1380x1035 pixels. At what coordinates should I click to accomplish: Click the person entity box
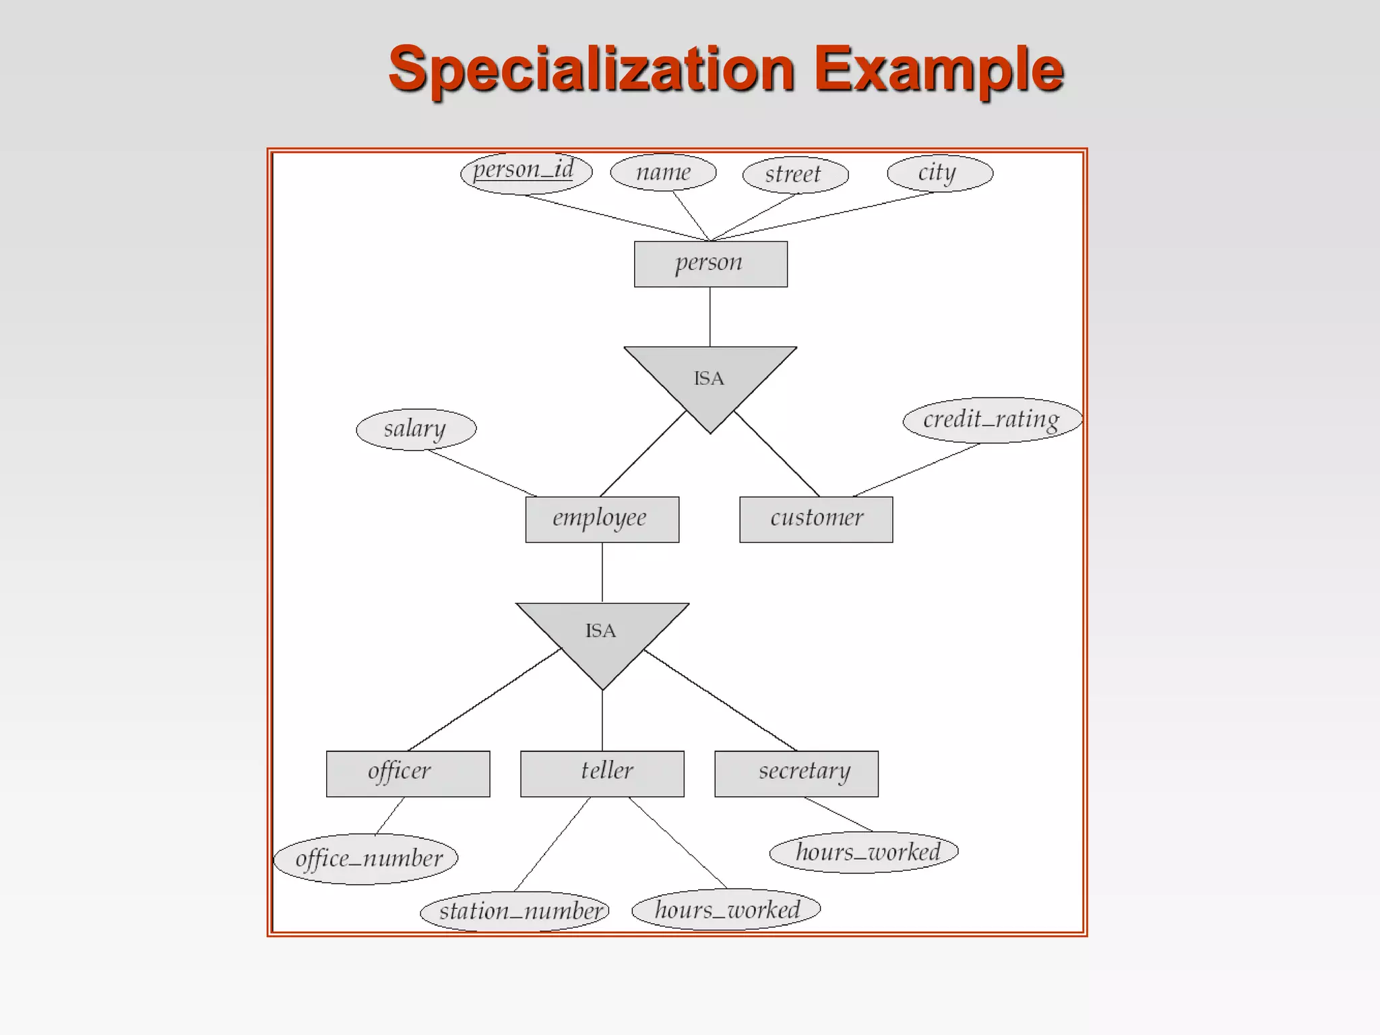(710, 263)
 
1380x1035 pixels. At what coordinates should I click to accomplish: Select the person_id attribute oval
(526, 172)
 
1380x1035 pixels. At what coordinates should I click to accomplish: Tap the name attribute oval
(663, 172)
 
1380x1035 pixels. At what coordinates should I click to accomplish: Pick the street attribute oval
(794, 175)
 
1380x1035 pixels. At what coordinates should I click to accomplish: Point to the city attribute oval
(939, 173)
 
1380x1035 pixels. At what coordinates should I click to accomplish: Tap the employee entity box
(602, 519)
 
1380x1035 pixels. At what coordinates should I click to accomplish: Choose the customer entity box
(816, 519)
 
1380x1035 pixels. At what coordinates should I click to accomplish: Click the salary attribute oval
(416, 429)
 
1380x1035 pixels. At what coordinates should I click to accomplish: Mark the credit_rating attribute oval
(992, 420)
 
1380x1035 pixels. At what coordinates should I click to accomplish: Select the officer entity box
(408, 773)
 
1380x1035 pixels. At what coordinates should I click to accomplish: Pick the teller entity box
(602, 773)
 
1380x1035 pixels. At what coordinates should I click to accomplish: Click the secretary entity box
(796, 773)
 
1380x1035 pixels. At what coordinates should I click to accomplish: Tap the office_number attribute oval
(366, 858)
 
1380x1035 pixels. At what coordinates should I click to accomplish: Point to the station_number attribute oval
(515, 911)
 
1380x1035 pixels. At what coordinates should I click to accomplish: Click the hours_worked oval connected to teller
(726, 910)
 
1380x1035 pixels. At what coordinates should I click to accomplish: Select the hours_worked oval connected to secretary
(864, 852)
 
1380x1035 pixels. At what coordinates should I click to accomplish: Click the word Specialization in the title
(592, 69)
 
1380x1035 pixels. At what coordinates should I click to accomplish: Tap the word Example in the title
(939, 69)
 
